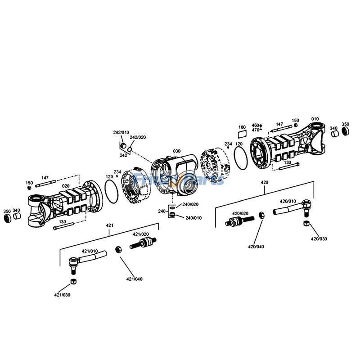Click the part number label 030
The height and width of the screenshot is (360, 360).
(x=176, y=151)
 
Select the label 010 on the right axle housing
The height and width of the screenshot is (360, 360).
(x=315, y=119)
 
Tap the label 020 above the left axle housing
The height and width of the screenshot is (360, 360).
(x=66, y=185)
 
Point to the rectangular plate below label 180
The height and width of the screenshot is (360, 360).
(x=242, y=134)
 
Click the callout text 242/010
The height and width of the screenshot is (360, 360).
(x=120, y=132)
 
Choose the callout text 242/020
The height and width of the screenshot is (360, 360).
(x=138, y=137)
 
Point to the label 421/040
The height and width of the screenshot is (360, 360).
(x=134, y=279)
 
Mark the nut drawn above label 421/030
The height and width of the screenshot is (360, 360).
(x=72, y=282)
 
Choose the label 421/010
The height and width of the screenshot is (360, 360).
(x=89, y=251)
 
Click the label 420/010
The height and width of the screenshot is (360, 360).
(x=288, y=201)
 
